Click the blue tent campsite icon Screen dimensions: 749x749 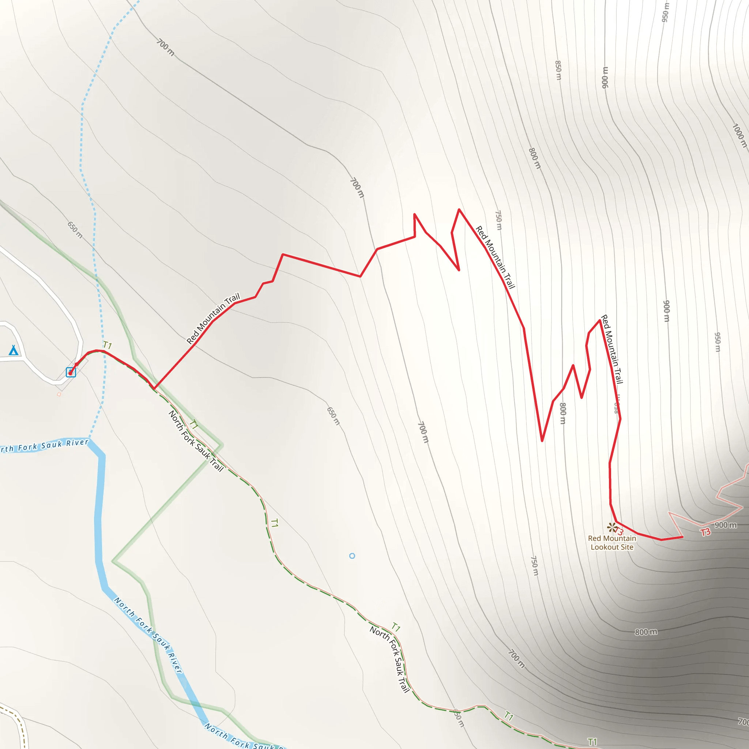[14, 350]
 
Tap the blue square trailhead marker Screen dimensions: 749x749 [71, 372]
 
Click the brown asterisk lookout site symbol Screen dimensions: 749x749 [611, 527]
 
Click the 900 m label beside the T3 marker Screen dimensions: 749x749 [726, 525]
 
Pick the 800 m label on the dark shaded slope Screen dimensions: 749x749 [646, 632]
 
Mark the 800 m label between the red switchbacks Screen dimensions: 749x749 [563, 413]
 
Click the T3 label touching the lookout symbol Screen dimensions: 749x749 [619, 531]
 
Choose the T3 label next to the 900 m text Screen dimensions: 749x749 [705, 532]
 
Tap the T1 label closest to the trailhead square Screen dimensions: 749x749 [108, 345]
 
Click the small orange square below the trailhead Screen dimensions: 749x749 [59, 394]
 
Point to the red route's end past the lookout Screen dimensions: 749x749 [682, 537]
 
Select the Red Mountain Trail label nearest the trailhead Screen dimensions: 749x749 [213, 319]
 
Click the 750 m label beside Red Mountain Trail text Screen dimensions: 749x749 [498, 220]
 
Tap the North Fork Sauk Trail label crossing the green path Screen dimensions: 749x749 [196, 441]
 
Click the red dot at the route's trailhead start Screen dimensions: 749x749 [70, 373]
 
